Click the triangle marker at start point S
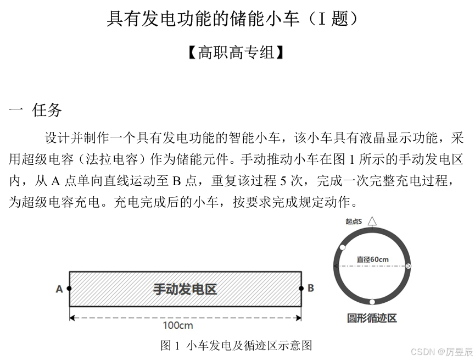coord(372,221)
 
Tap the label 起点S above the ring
coord(354,221)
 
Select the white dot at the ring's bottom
coord(372,301)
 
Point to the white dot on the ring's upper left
coord(343,247)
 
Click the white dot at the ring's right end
coord(408,266)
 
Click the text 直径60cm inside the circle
coord(372,259)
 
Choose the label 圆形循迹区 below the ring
coord(372,318)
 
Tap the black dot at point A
coord(69,288)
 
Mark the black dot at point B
coord(301,287)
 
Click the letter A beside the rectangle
coord(59,289)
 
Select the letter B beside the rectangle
coord(310,287)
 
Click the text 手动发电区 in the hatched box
coord(185,289)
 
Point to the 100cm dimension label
coord(178,325)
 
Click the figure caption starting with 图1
coord(236,345)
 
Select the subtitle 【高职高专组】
coord(236,53)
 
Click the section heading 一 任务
coord(36,110)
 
